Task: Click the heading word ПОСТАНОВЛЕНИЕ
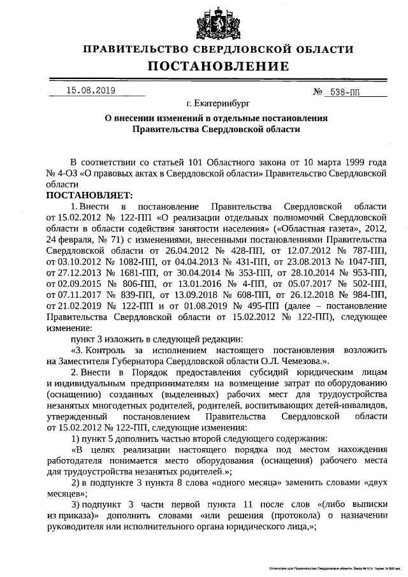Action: [x=219, y=66]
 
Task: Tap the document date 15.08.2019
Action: [x=91, y=91]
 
